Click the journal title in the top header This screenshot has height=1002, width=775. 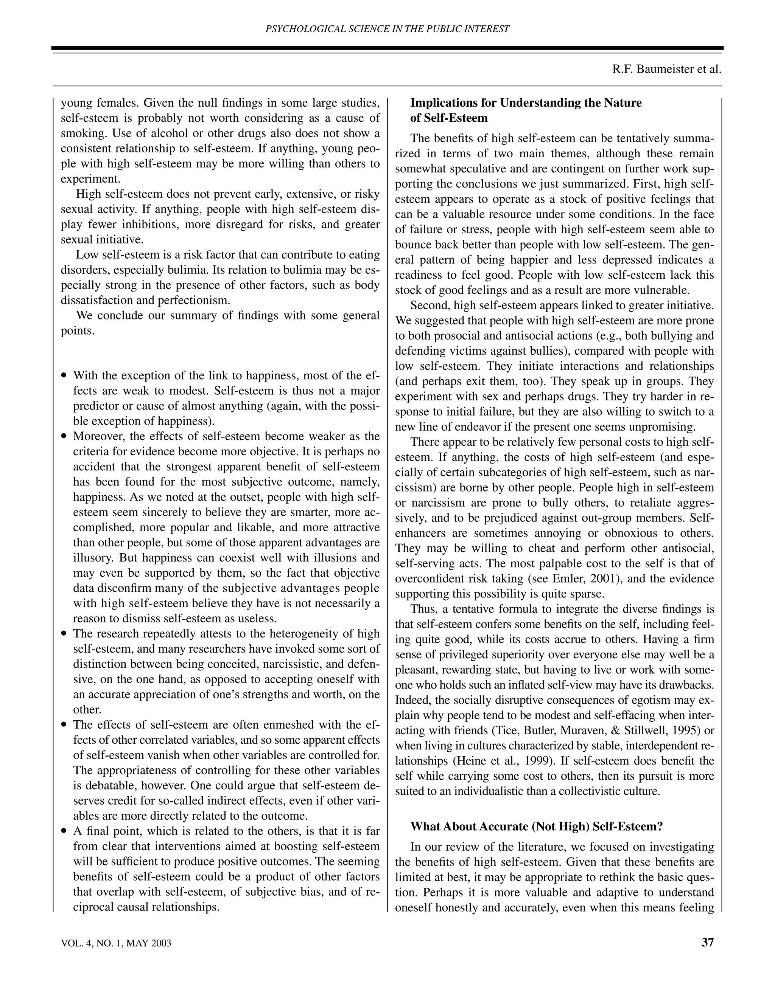click(x=387, y=29)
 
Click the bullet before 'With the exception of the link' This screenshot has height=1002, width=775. click(x=64, y=376)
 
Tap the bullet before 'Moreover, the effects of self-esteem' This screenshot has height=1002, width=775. click(x=64, y=436)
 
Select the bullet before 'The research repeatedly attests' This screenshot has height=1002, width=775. click(x=64, y=634)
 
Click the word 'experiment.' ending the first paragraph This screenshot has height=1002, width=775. click(x=89, y=179)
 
